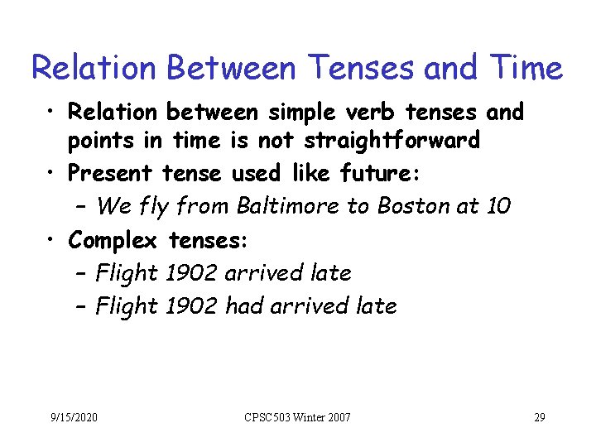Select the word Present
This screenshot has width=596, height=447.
[x=110, y=173]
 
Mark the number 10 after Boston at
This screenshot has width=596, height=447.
[x=499, y=206]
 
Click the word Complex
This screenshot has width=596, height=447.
[x=113, y=240]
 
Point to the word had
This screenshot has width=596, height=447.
[x=244, y=306]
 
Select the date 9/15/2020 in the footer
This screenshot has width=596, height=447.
[x=74, y=416]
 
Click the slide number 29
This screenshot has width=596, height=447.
[x=539, y=416]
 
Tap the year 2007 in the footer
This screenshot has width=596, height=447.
[x=339, y=416]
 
